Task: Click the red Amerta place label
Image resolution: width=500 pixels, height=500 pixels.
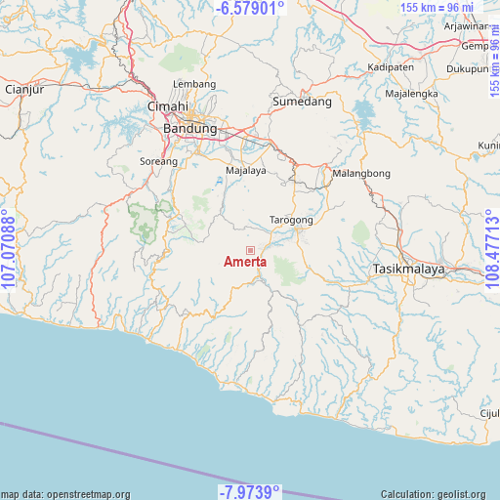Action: pyautogui.click(x=245, y=262)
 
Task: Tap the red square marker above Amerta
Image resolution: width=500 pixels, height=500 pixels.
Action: pyautogui.click(x=249, y=251)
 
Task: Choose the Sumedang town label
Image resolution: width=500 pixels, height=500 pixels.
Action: pyautogui.click(x=302, y=102)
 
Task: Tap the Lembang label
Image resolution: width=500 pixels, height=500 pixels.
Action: pyautogui.click(x=194, y=85)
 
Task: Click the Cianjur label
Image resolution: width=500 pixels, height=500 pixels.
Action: pyautogui.click(x=25, y=89)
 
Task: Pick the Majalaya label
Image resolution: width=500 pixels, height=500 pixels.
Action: pyautogui.click(x=245, y=170)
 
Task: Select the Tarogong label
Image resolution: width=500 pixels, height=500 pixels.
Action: pyautogui.click(x=291, y=221)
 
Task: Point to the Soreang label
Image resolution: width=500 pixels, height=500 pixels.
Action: pyautogui.click(x=159, y=161)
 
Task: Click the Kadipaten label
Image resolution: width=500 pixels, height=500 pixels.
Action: pyautogui.click(x=391, y=67)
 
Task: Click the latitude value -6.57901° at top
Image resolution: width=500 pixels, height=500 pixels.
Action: pyautogui.click(x=251, y=8)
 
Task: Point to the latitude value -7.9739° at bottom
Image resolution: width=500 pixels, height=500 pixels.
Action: pyautogui.click(x=249, y=490)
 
